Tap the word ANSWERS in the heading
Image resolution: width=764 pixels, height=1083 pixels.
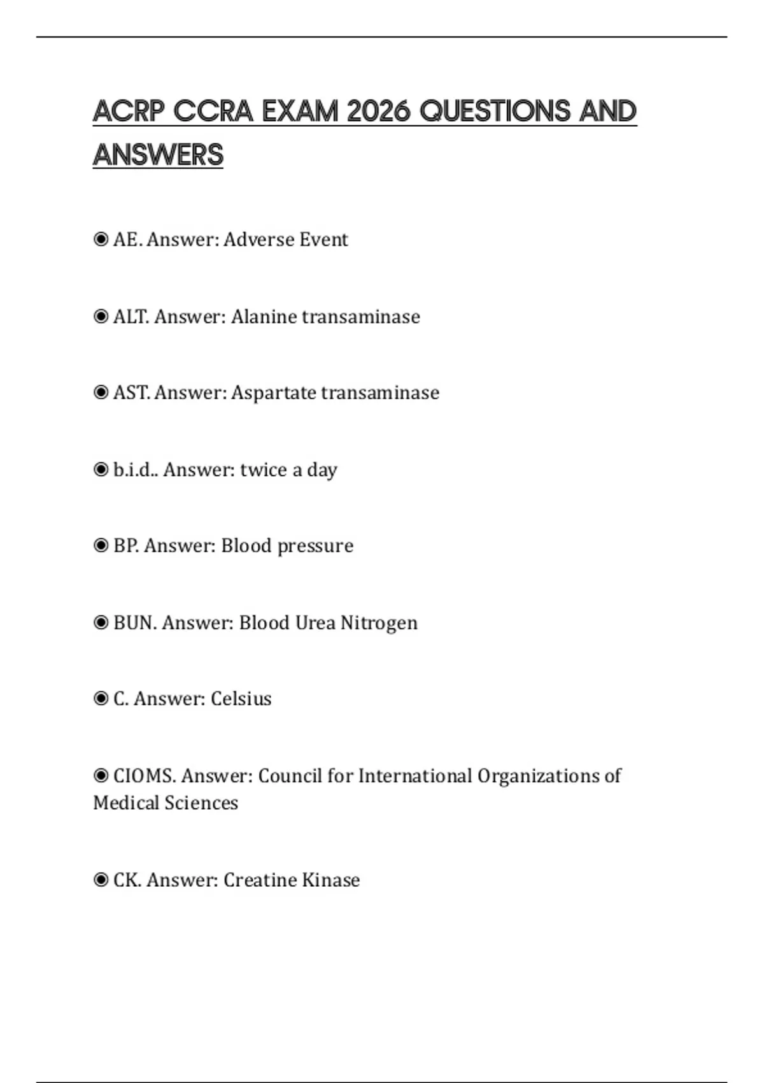click(x=158, y=155)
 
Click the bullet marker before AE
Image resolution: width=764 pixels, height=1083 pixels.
click(x=101, y=240)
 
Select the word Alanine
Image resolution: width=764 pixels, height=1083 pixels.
click(x=263, y=317)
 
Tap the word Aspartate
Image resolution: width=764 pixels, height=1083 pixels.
click(x=273, y=392)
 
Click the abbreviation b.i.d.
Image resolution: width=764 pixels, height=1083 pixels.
click(x=134, y=470)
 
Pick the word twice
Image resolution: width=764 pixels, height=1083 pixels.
click(x=264, y=470)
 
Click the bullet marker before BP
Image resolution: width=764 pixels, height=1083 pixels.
click(x=101, y=545)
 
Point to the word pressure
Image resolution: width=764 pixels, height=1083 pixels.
click(x=315, y=546)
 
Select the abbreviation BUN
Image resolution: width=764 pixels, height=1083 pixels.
click(x=134, y=622)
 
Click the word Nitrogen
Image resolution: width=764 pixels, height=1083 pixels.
click(x=379, y=622)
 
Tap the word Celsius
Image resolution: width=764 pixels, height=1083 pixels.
click(x=241, y=699)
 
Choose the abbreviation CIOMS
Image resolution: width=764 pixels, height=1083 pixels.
click(x=144, y=776)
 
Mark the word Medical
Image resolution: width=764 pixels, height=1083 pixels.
click(x=126, y=803)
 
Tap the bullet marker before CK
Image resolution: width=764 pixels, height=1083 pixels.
click(x=101, y=880)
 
